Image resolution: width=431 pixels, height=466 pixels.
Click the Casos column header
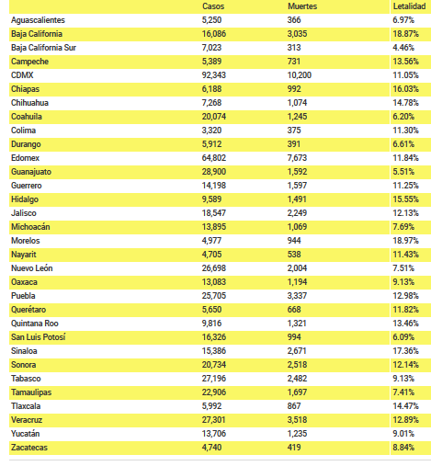coord(213,6)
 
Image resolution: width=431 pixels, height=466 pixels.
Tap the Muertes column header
coord(302,6)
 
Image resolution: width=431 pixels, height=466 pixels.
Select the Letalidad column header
coord(409,6)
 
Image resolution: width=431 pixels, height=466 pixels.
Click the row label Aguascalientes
coord(38,20)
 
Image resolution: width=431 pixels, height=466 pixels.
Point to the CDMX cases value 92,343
coord(214,75)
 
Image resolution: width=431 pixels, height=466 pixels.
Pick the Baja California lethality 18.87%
coord(405,34)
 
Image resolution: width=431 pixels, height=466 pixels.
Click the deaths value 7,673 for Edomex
coord(297,158)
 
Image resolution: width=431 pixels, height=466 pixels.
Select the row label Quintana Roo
coord(35,324)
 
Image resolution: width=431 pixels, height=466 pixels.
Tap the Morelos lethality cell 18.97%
coord(405,241)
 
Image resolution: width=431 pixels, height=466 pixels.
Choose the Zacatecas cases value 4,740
coord(211,448)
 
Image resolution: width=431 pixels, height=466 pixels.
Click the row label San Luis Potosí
coord(39,337)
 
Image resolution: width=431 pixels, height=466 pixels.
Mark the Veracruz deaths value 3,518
coord(297,420)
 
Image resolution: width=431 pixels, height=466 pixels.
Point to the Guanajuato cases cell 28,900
coord(214,172)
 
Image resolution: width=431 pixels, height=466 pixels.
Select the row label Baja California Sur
coord(43,48)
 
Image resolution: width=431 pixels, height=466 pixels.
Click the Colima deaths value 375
coord(294,131)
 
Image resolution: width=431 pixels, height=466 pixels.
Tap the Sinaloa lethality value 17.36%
coord(405,351)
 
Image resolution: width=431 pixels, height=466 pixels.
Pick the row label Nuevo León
coord(32,268)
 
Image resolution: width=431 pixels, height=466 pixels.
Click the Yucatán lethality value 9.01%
coord(403,434)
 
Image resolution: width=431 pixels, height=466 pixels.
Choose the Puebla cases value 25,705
coord(214,296)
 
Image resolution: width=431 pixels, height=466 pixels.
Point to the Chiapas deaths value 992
coord(294,89)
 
